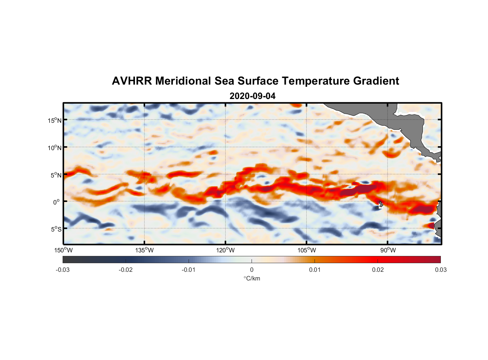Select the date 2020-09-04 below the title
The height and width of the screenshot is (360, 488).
(252, 96)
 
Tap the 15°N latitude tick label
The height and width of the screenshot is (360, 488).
(55, 120)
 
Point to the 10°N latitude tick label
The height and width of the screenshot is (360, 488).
(55, 148)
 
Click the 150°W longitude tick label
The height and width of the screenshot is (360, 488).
(63, 250)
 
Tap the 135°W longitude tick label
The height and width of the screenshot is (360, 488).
(144, 250)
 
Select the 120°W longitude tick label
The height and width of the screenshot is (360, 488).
(225, 250)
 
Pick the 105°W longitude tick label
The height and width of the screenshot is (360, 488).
(307, 250)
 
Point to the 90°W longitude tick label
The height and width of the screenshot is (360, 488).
(388, 250)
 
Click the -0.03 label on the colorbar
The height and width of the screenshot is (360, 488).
(63, 270)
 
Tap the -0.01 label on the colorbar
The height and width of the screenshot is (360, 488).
(189, 270)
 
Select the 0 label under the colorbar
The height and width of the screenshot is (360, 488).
(252, 270)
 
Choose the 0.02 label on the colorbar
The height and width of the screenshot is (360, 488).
(378, 270)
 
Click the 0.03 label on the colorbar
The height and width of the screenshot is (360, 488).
(440, 270)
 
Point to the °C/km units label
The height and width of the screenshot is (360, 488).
(252, 278)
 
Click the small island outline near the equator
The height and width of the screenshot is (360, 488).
(381, 204)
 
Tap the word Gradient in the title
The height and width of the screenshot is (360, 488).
(376, 81)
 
